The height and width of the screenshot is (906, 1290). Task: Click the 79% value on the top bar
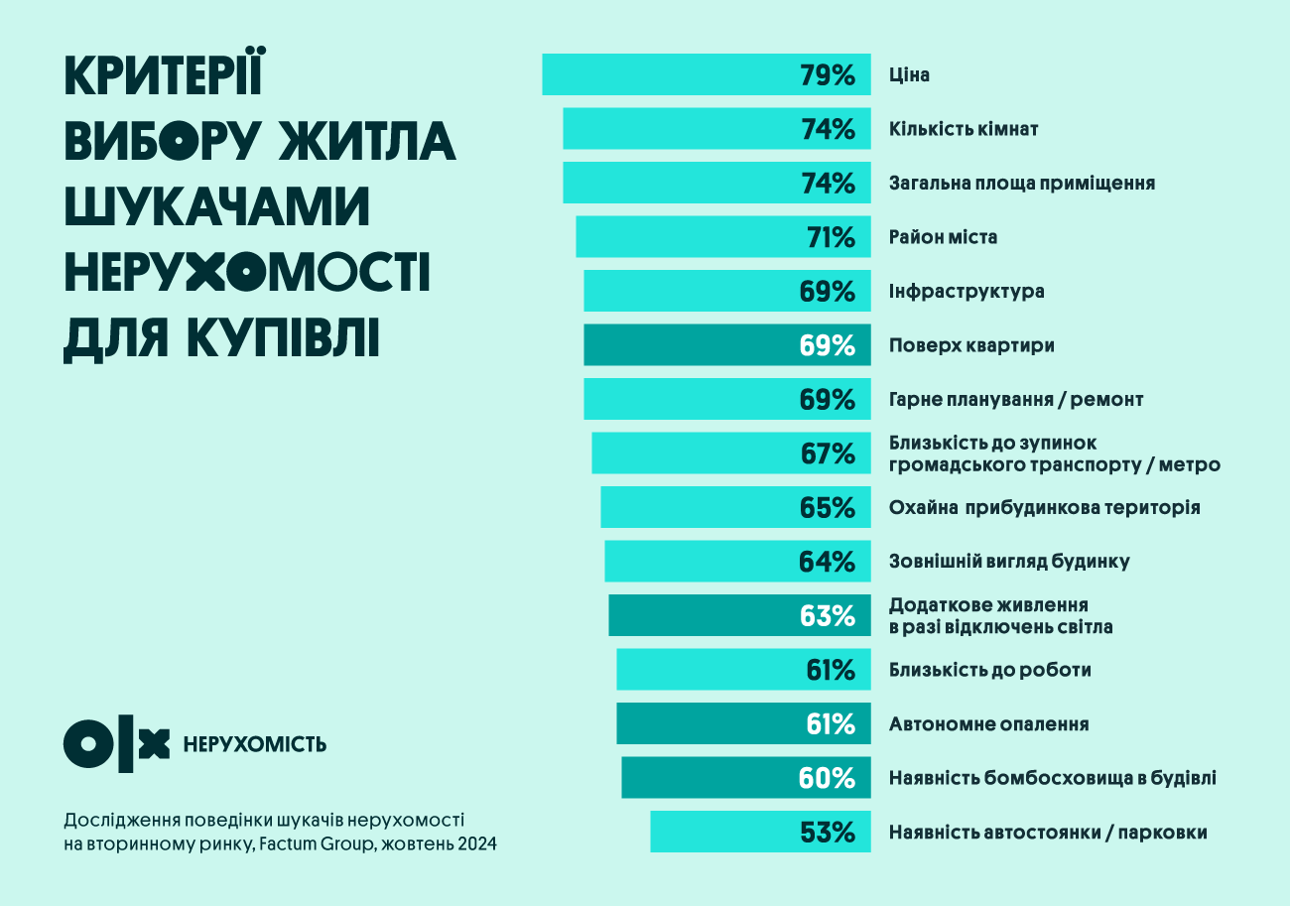point(828,75)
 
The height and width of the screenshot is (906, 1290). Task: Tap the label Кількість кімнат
point(964,129)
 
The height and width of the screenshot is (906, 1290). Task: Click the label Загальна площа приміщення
point(1022,184)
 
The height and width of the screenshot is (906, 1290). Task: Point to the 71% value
point(831,237)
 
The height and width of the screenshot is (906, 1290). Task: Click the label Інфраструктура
point(967,292)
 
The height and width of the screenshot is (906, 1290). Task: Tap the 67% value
point(828,453)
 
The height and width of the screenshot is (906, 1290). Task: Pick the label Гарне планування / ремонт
point(1016,399)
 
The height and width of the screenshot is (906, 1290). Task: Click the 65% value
point(828,508)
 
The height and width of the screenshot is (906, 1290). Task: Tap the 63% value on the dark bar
point(828,615)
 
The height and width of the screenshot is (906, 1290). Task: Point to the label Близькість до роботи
point(990,670)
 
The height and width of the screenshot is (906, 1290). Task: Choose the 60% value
point(828,778)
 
